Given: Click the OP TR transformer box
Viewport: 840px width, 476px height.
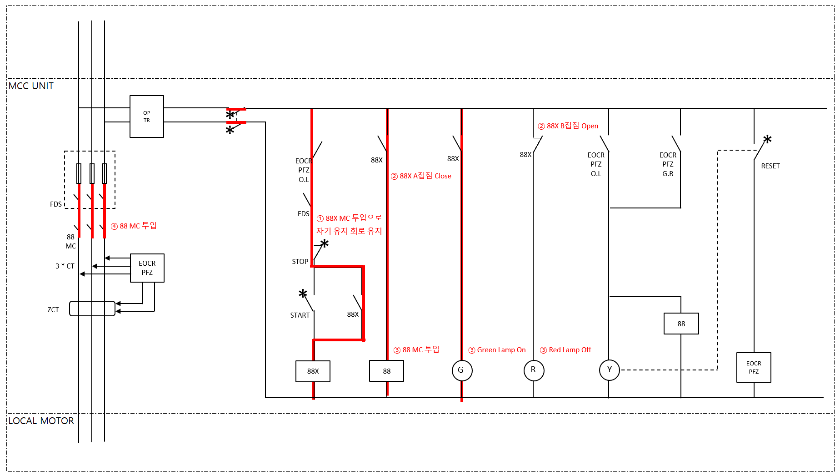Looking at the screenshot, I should click(x=146, y=116).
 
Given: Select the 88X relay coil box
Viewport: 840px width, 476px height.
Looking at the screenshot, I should click(x=313, y=371).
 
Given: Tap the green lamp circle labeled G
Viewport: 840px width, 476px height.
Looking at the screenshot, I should click(x=462, y=370).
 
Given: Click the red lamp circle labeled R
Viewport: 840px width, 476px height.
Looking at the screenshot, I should click(x=534, y=370).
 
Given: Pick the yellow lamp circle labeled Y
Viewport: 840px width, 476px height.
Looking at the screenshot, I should click(x=610, y=370).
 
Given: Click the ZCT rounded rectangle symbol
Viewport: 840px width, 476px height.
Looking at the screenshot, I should click(x=92, y=309).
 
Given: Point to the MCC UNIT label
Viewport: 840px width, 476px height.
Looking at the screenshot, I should click(x=31, y=86).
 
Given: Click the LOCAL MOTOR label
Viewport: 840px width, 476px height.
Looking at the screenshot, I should click(x=41, y=421).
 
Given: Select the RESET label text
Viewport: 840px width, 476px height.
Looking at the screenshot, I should click(x=770, y=166).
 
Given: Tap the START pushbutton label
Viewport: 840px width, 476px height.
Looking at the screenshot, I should click(x=300, y=315).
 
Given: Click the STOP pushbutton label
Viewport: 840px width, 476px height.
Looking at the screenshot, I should click(x=300, y=262).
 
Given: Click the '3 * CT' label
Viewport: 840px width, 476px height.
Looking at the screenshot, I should click(x=65, y=266).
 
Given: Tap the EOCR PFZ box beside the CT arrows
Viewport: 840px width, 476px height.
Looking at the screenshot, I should click(x=147, y=268).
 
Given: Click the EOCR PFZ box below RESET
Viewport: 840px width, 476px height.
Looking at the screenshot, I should click(x=754, y=368).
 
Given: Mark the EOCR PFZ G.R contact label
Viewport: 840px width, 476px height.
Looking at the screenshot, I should click(x=668, y=164).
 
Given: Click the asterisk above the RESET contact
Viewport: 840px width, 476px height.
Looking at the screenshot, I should click(x=767, y=140).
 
